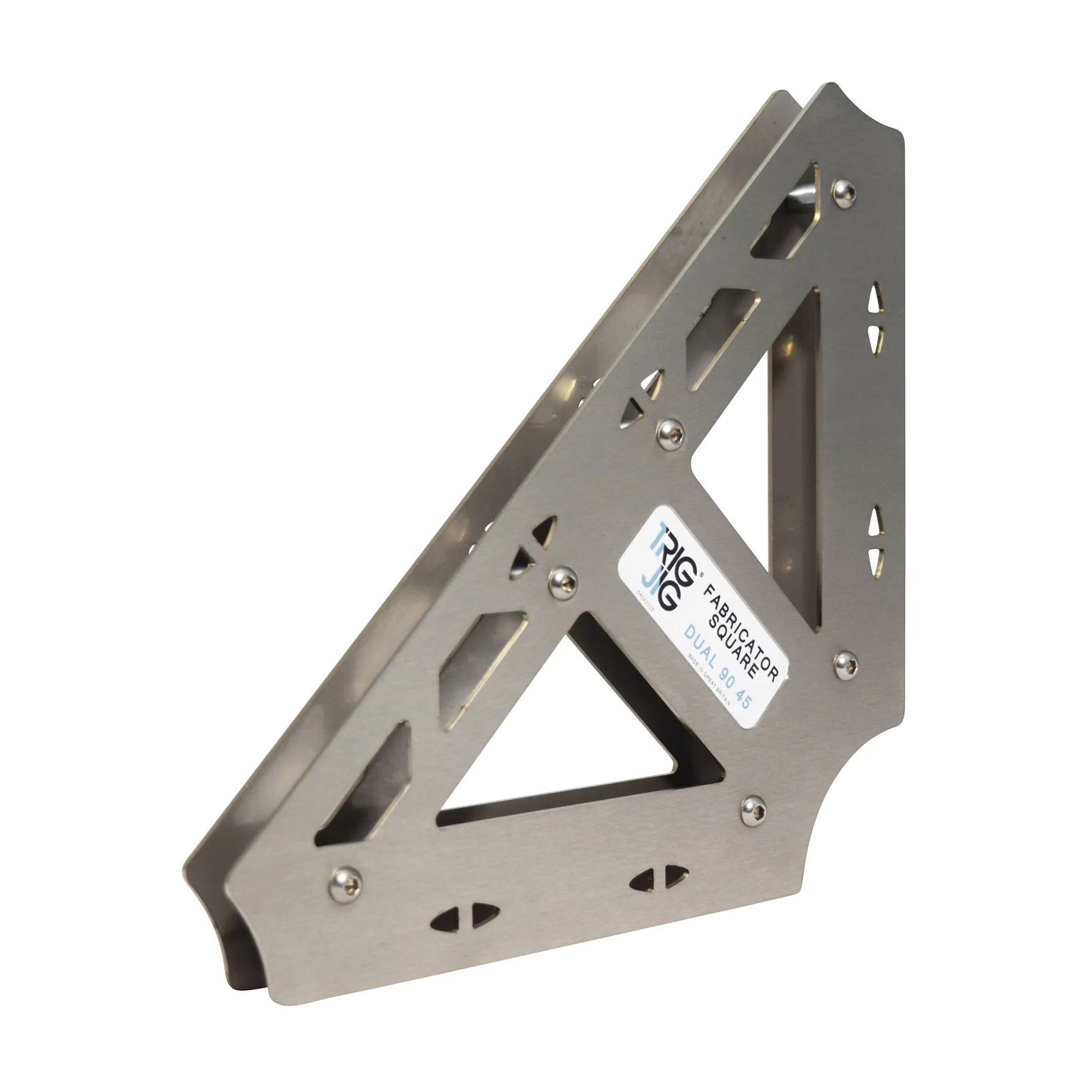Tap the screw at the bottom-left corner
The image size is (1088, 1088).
point(340,883)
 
